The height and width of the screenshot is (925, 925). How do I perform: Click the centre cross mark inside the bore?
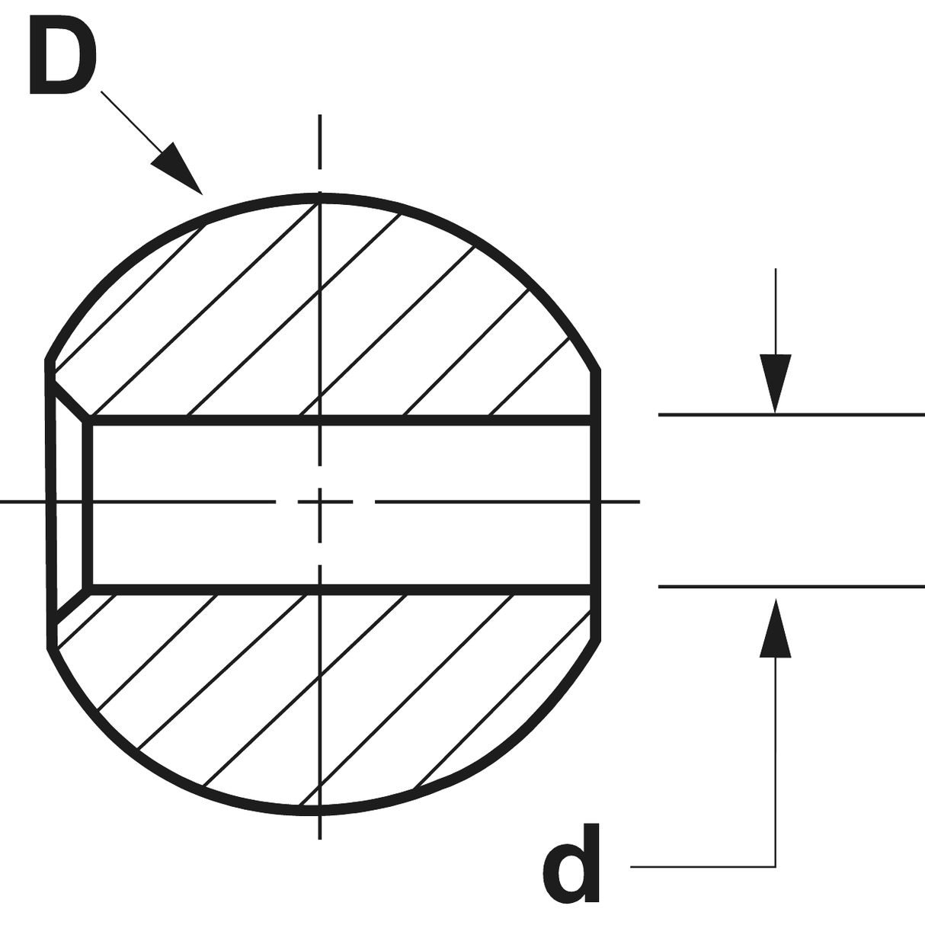point(321,501)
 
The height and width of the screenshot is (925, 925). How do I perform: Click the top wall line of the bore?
point(343,420)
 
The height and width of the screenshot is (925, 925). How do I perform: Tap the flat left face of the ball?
point(51,503)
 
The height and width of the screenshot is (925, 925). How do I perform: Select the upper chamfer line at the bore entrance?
point(72,401)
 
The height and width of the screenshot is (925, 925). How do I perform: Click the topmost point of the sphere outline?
point(320,198)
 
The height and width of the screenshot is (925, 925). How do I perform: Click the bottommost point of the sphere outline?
point(320,809)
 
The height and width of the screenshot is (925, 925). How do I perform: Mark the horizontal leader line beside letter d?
point(701,866)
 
